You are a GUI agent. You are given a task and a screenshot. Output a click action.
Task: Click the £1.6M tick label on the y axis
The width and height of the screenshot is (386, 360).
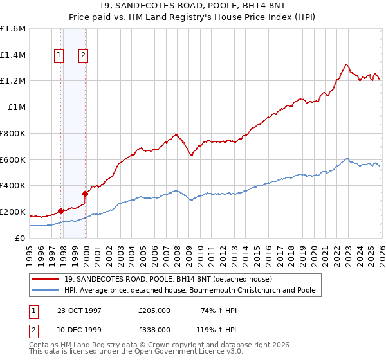point(13,29)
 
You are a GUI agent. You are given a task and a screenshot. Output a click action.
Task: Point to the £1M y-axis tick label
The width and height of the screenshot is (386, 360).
point(17,107)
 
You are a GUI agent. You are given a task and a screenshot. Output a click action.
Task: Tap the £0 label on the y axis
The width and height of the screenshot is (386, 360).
point(21,238)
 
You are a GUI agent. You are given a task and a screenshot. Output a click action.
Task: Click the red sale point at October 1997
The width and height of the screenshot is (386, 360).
point(61,211)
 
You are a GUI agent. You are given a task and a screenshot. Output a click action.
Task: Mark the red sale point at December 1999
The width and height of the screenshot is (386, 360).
point(85,193)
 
